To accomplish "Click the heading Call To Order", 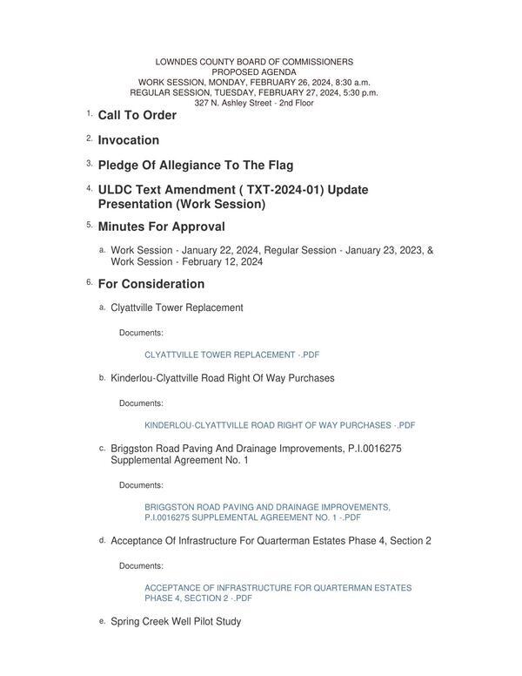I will tap(137, 115).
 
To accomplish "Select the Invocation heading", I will tap(129, 140).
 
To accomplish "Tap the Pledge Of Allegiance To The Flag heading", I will tap(196, 166).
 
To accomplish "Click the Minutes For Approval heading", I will tap(162, 226).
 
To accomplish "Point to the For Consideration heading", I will tap(151, 284).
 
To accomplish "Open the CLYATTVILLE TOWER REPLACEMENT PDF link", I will tap(232, 355).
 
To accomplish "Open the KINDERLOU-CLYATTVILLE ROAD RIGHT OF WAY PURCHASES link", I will tap(280, 426).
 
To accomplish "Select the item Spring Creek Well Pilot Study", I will tap(176, 622).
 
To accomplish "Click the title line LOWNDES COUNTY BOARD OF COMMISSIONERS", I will tap(254, 63).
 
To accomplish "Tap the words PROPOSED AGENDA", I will tap(254, 72).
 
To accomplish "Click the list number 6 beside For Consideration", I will tap(89, 282).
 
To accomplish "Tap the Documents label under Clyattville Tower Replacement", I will tap(141, 333).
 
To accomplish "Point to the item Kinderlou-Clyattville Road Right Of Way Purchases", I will tap(223, 378).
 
